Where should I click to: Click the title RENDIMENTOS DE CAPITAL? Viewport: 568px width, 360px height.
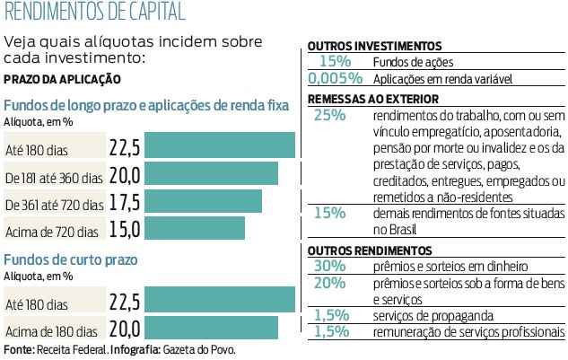coord(95,13)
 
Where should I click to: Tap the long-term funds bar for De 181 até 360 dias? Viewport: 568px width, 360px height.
coord(211,174)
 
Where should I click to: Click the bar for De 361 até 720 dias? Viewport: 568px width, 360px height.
coord(203,201)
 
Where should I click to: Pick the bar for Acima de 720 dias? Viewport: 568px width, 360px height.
coord(194,228)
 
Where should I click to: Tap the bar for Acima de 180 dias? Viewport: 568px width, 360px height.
coord(211,328)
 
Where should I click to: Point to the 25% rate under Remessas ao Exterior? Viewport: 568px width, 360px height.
coord(330,115)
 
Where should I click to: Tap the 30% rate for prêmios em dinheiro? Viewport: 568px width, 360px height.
coord(330,266)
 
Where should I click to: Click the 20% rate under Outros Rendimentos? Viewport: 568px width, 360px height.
coord(330,282)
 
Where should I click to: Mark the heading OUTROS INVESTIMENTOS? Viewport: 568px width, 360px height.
coord(374,46)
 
